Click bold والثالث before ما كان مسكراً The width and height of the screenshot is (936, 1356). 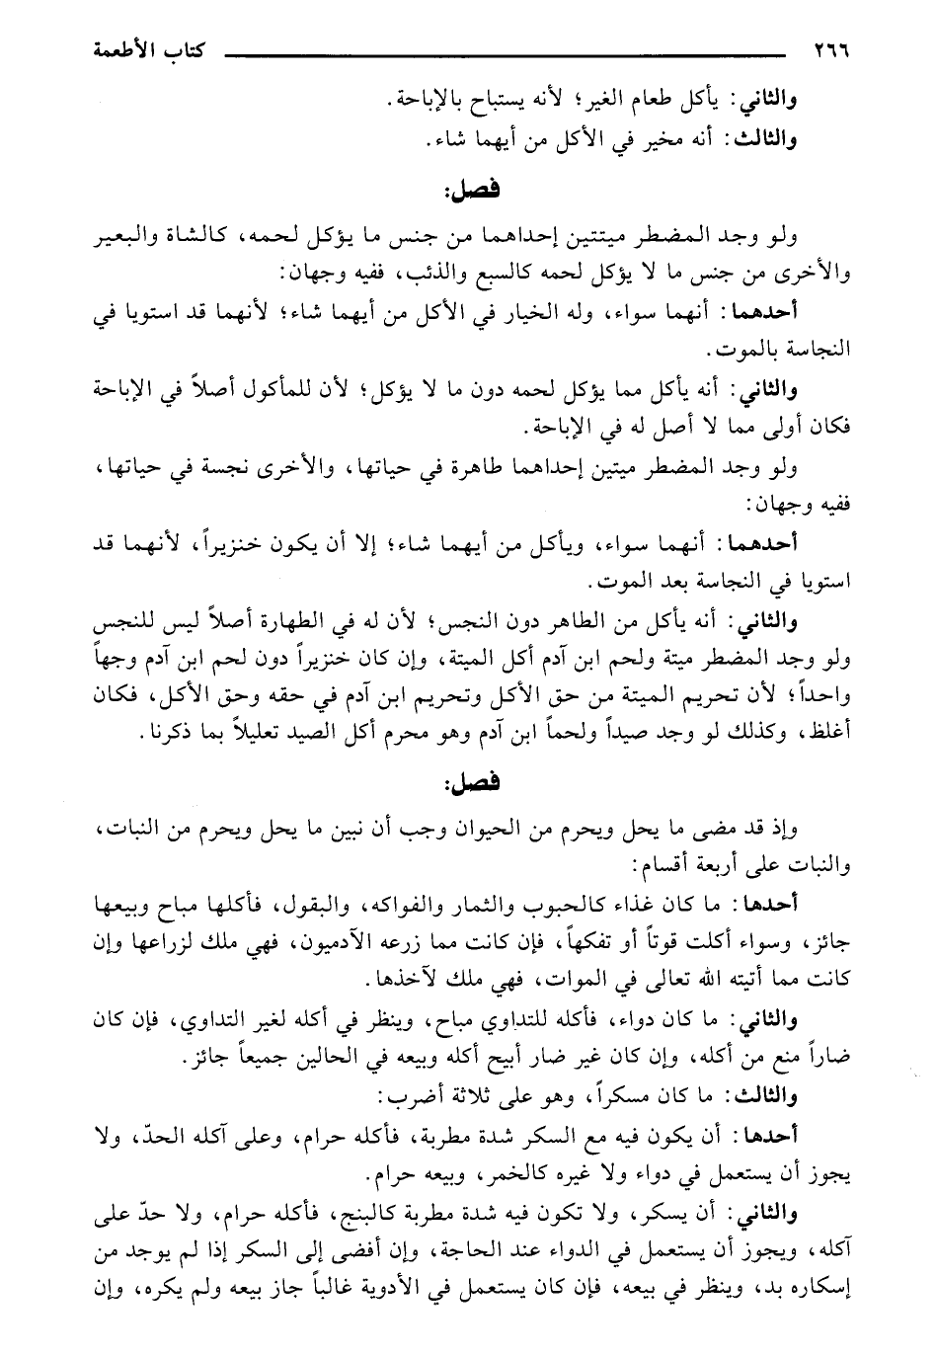(x=764, y=1095)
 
